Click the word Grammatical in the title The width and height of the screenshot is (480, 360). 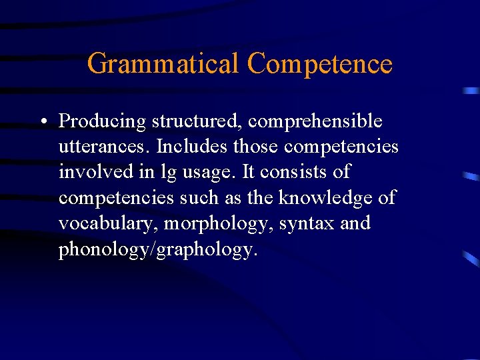pos(163,64)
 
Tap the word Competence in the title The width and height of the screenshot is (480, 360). pos(319,64)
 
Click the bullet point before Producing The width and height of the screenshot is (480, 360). pos(42,122)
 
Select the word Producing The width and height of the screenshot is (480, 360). pos(102,121)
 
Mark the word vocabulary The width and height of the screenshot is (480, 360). pos(107,223)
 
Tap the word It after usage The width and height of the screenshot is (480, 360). pos(248,172)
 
